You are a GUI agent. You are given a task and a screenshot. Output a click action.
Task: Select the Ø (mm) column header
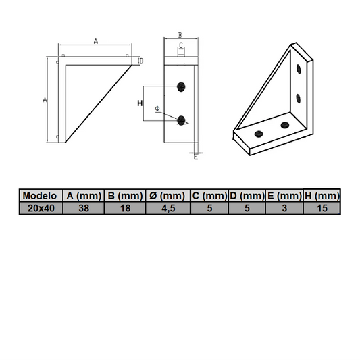[x=168, y=196]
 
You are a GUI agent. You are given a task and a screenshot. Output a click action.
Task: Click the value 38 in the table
[x=84, y=209]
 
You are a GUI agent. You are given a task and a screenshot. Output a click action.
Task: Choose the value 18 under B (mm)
[x=126, y=209]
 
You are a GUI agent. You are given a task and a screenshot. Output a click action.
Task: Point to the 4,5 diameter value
[x=168, y=209]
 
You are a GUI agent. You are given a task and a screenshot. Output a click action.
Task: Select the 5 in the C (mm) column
[x=209, y=209]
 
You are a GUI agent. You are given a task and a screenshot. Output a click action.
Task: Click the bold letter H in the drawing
[x=139, y=103]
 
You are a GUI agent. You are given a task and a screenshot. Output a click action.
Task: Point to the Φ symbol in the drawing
[x=157, y=109]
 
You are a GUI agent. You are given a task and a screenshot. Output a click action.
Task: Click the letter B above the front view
[x=180, y=34]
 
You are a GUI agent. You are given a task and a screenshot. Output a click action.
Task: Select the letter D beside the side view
[x=140, y=61]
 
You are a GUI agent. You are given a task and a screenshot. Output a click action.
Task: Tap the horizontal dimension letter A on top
[x=95, y=41]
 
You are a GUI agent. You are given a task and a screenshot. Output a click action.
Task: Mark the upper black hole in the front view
[x=181, y=86]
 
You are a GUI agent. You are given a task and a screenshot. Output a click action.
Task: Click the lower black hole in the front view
[x=181, y=120]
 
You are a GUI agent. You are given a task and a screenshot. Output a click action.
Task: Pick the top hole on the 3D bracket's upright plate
[x=298, y=68]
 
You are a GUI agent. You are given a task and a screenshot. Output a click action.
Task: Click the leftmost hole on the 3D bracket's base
[x=257, y=133]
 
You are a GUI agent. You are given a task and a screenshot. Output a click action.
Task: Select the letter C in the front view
[x=181, y=45]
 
